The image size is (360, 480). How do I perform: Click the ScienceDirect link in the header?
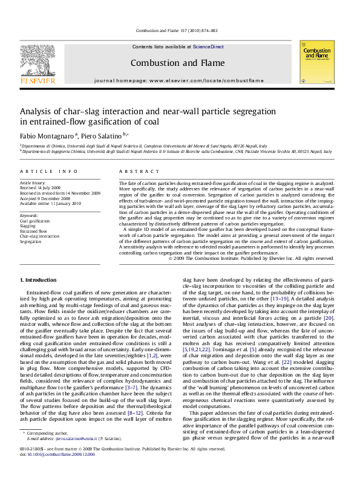pyautogui.click(x=208, y=47)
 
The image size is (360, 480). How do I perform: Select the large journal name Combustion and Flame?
pyautogui.click(x=179, y=63)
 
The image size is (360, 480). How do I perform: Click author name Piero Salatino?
pyautogui.click(x=102, y=134)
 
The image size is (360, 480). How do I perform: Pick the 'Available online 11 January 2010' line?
pyautogui.click(x=50, y=202)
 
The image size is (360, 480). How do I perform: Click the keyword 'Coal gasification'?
pyautogui.click(x=35, y=221)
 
